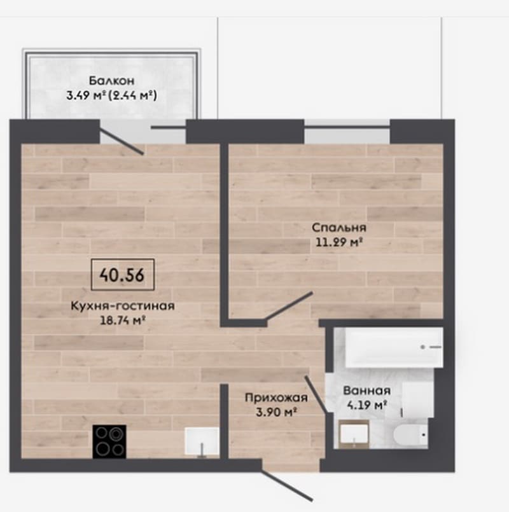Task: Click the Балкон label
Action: click(111, 80)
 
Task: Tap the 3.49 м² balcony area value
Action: click(87, 95)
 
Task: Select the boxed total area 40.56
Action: click(122, 275)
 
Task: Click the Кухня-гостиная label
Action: click(123, 306)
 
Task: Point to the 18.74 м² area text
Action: click(123, 321)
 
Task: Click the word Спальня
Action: click(338, 228)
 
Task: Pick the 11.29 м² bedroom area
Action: click(339, 242)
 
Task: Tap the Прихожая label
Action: click(276, 398)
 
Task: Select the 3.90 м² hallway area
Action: click(276, 412)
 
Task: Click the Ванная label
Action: click(366, 391)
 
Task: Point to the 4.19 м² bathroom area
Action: click(366, 405)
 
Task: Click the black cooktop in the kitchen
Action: click(109, 441)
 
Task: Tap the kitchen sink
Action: click(202, 441)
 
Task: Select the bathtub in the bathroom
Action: click(394, 347)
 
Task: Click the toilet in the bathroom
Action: click(410, 434)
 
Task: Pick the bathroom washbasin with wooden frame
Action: click(354, 434)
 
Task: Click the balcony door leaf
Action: click(122, 141)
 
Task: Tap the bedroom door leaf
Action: click(289, 306)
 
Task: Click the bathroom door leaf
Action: click(316, 394)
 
